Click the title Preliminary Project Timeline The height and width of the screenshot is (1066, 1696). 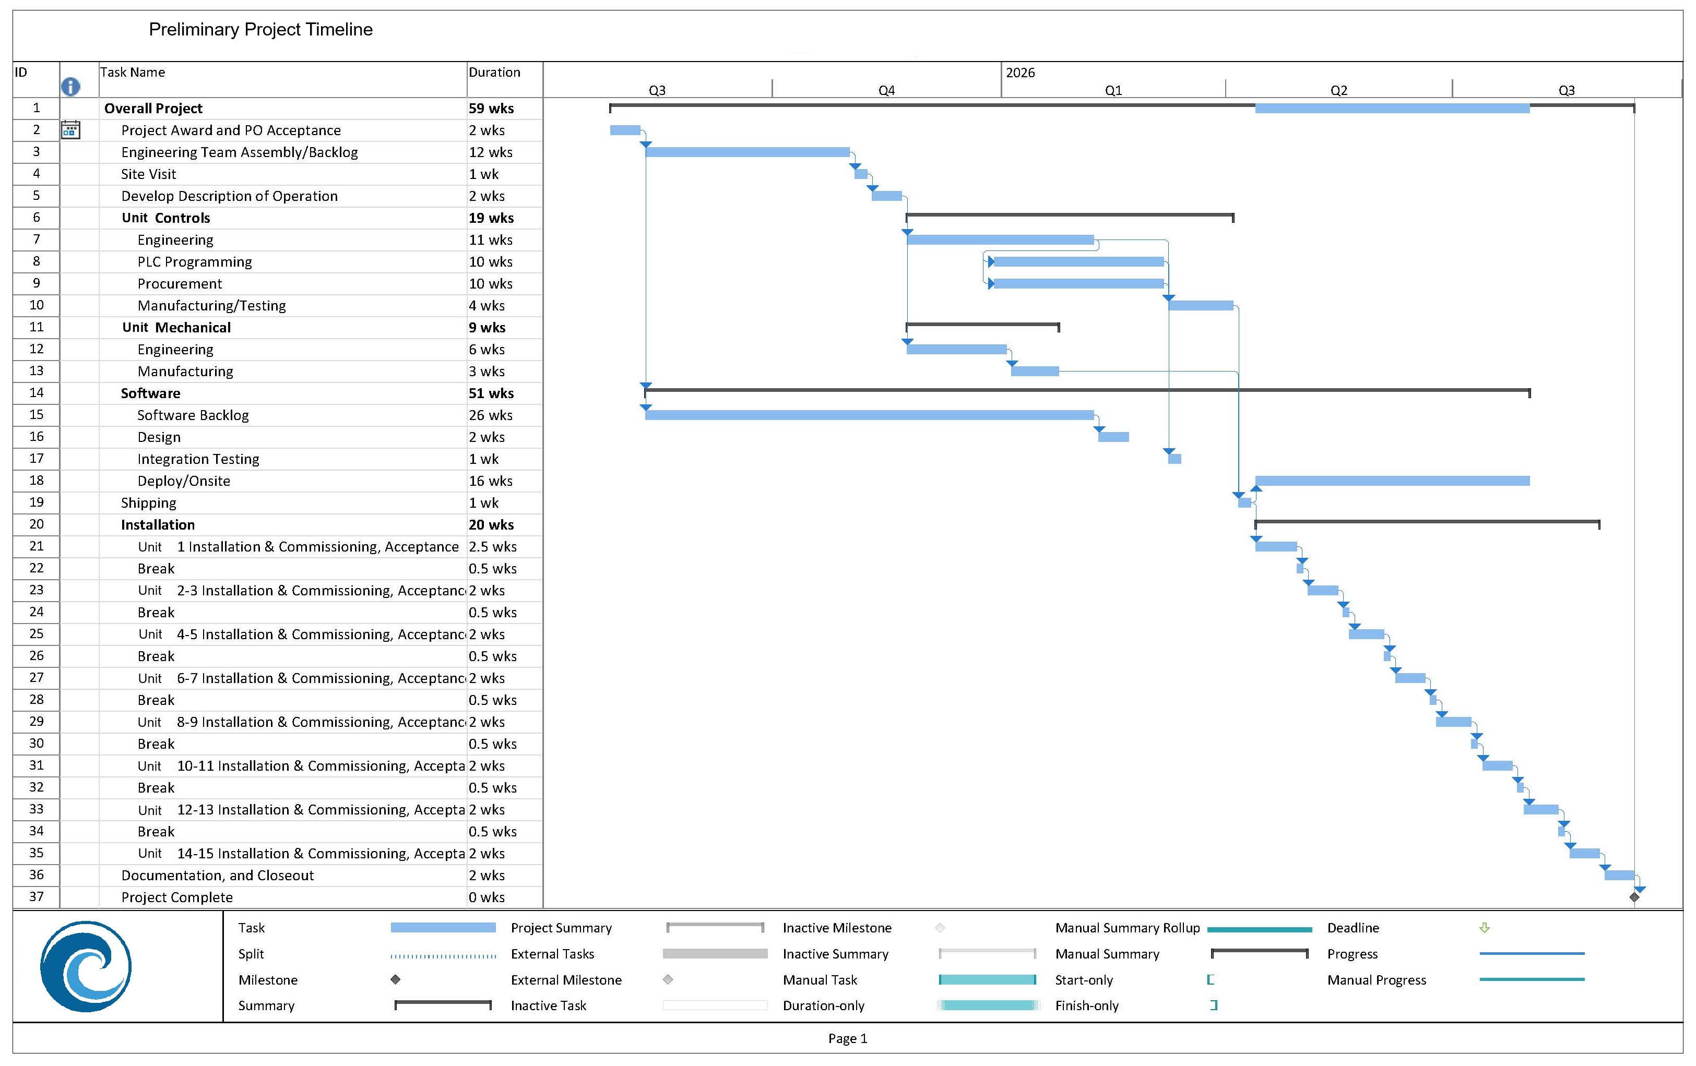coord(260,30)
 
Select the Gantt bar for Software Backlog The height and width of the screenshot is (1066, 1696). coord(869,415)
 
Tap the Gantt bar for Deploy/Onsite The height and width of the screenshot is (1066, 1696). coord(1392,481)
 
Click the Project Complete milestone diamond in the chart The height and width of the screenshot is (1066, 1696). coord(1634,897)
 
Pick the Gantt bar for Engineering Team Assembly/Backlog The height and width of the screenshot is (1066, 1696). coord(748,152)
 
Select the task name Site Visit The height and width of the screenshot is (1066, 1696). coord(149,174)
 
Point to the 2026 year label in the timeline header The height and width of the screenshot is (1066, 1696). coord(1020,73)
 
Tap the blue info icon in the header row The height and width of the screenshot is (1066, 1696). coord(70,87)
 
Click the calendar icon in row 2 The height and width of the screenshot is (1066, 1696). coord(70,129)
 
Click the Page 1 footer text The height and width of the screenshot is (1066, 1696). coord(847,1038)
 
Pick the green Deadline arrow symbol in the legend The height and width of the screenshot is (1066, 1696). coord(1485,928)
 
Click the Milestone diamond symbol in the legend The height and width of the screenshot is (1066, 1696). coord(396,979)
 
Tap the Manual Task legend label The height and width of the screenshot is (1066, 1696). coord(820,980)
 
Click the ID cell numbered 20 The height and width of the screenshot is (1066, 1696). coord(37,524)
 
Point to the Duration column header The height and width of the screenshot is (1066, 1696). coord(494,73)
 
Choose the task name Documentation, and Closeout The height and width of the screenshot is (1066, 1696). coord(217,875)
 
